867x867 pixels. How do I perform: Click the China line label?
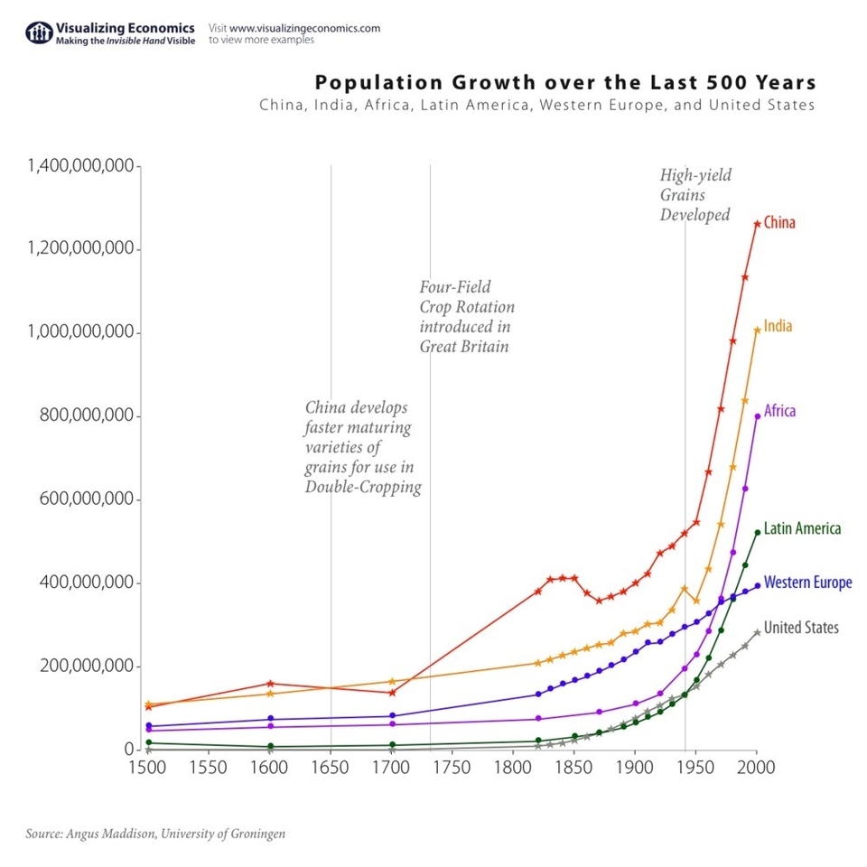[x=779, y=222]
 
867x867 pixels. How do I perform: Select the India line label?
[x=778, y=326]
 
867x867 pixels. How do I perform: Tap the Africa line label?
[x=779, y=411]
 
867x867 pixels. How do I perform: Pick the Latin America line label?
[x=802, y=528]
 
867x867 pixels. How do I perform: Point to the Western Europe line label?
[x=807, y=583]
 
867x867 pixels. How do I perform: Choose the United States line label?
[x=801, y=628]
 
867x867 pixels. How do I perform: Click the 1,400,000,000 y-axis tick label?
[x=80, y=166]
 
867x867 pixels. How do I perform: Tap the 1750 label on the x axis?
[x=452, y=768]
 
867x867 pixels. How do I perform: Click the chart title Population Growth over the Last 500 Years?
[x=565, y=83]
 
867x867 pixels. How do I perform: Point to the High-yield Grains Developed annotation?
[x=695, y=195]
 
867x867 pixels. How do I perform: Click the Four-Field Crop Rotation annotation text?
[x=466, y=316]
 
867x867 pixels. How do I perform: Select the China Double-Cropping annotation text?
[x=362, y=447]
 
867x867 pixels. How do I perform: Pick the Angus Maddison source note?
[x=155, y=834]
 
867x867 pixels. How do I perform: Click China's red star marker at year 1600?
[x=270, y=684]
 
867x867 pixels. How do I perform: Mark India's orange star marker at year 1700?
[x=392, y=681]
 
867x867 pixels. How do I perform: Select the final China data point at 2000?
[x=757, y=223]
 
